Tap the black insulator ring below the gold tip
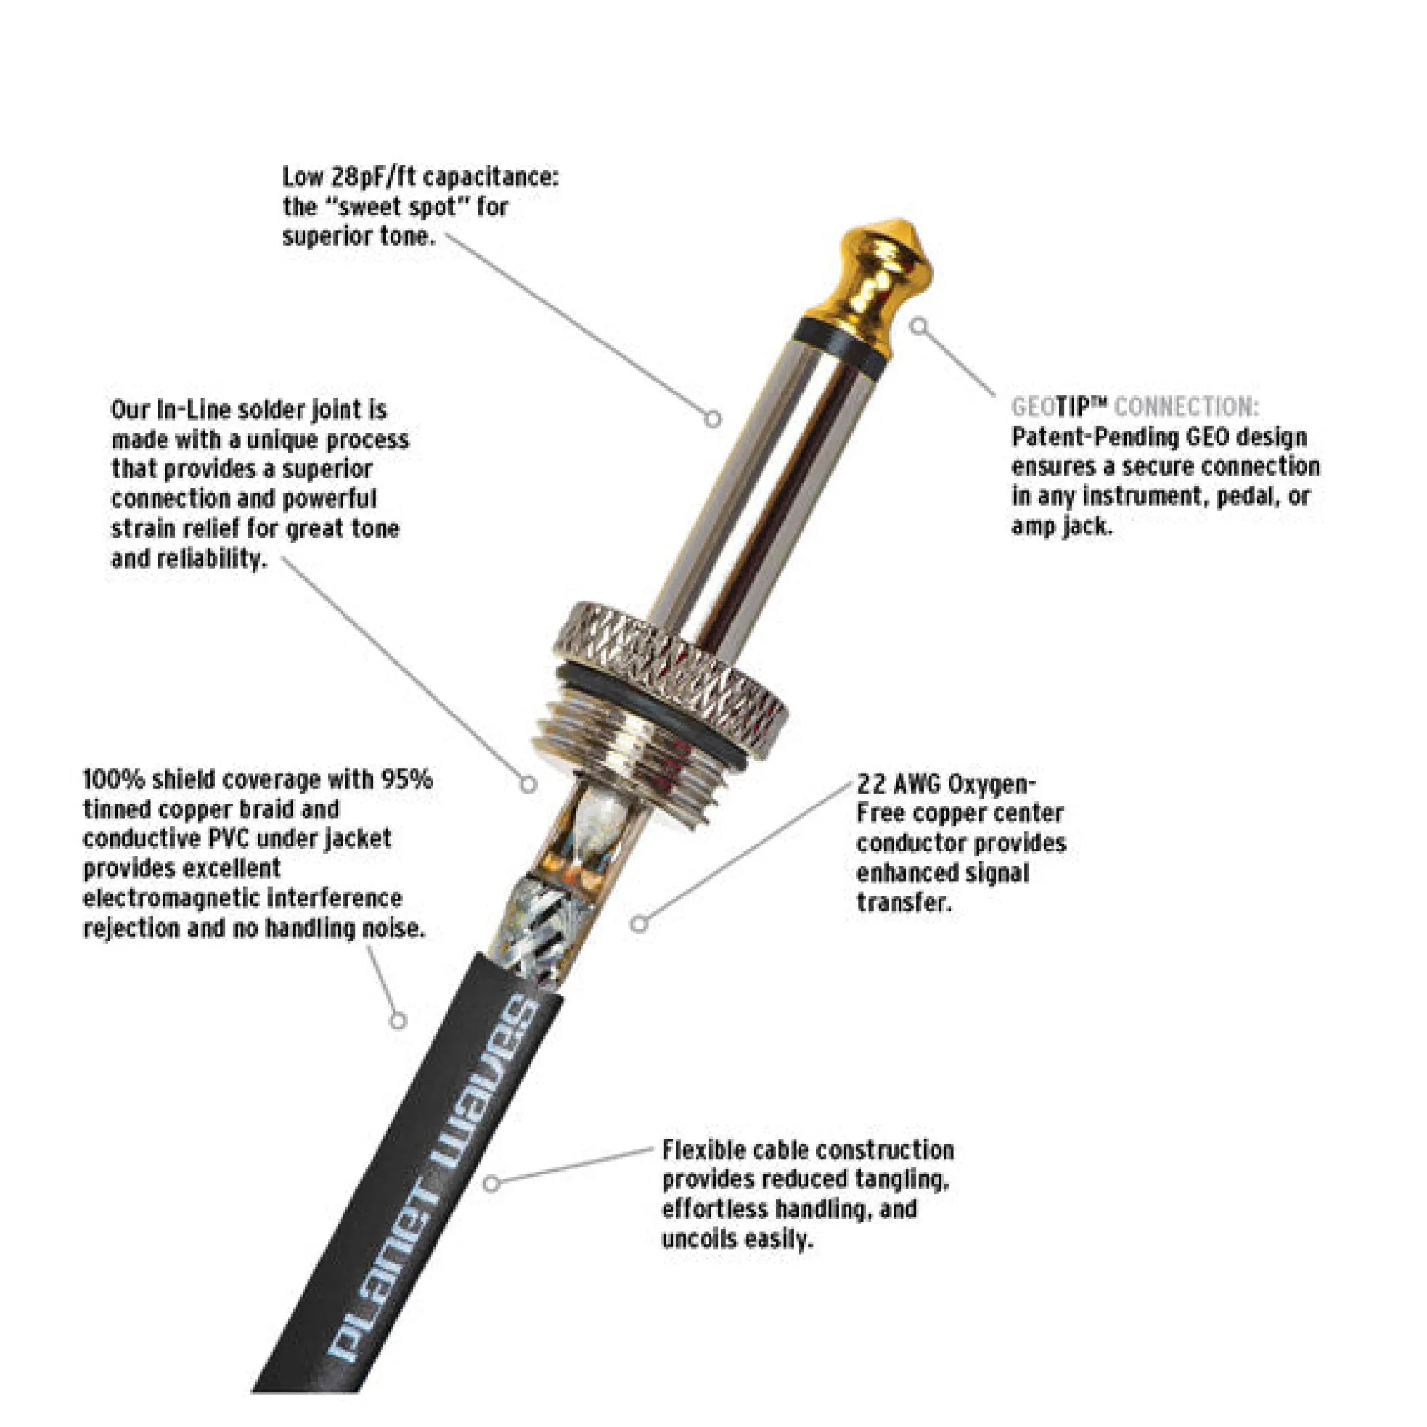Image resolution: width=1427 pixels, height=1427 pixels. click(841, 347)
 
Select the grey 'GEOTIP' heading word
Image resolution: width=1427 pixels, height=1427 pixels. click(1060, 406)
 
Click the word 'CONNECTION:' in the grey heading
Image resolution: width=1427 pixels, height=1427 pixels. click(1186, 406)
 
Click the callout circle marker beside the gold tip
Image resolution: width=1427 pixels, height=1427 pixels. click(918, 326)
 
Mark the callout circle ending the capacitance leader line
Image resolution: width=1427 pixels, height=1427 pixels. click(712, 419)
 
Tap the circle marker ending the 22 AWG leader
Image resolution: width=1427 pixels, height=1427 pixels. click(640, 922)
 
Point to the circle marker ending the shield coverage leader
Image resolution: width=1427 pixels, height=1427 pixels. click(398, 1021)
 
